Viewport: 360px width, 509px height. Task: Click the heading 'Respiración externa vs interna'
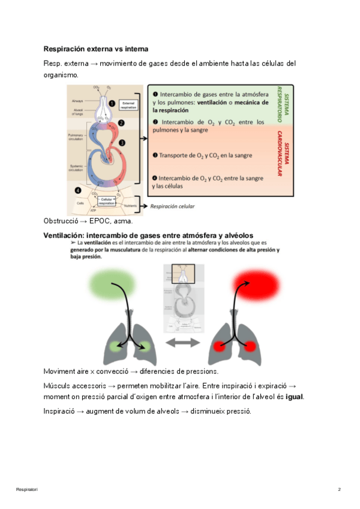coord(96,48)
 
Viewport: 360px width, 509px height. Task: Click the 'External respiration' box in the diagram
coord(128,104)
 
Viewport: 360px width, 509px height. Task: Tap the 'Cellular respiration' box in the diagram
coord(107,202)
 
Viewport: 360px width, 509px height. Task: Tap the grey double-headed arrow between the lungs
coord(180,343)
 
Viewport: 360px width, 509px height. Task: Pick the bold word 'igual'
coord(294,397)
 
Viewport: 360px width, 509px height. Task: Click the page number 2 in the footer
coord(340,490)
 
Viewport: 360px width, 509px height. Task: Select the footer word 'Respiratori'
coord(27,490)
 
